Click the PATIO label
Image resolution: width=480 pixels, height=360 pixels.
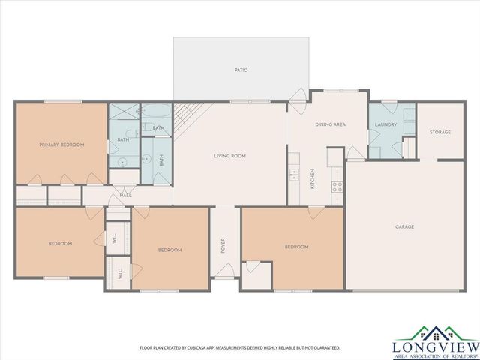241,70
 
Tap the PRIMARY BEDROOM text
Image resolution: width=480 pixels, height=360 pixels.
61,144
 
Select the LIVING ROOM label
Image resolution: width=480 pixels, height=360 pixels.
230,156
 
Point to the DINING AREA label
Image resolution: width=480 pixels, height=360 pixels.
330,124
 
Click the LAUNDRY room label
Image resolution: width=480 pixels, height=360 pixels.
385,124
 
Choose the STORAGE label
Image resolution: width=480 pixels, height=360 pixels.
440,132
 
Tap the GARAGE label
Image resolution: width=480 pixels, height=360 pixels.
405,226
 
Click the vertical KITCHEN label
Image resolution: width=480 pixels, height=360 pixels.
313,180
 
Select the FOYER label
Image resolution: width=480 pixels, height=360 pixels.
223,246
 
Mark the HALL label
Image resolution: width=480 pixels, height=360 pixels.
126,196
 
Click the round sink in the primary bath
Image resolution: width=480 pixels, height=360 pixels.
121,162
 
